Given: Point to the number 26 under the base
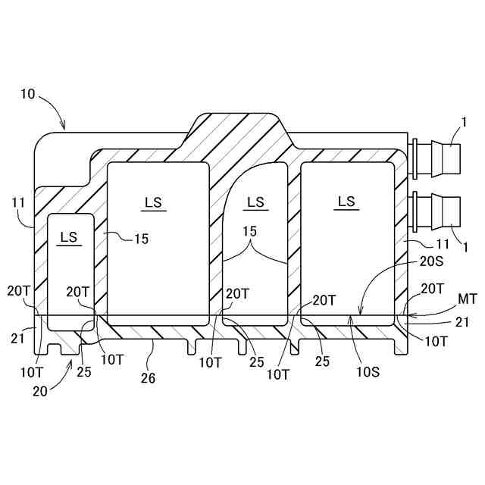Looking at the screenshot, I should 149,377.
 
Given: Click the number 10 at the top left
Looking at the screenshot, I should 27,94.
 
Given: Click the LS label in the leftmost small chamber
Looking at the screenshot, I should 69,237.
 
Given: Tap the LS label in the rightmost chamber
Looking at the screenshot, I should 346,201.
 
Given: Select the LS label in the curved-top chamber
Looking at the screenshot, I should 256,202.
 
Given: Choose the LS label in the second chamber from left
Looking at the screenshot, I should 154,202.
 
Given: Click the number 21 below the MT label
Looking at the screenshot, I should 462,322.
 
